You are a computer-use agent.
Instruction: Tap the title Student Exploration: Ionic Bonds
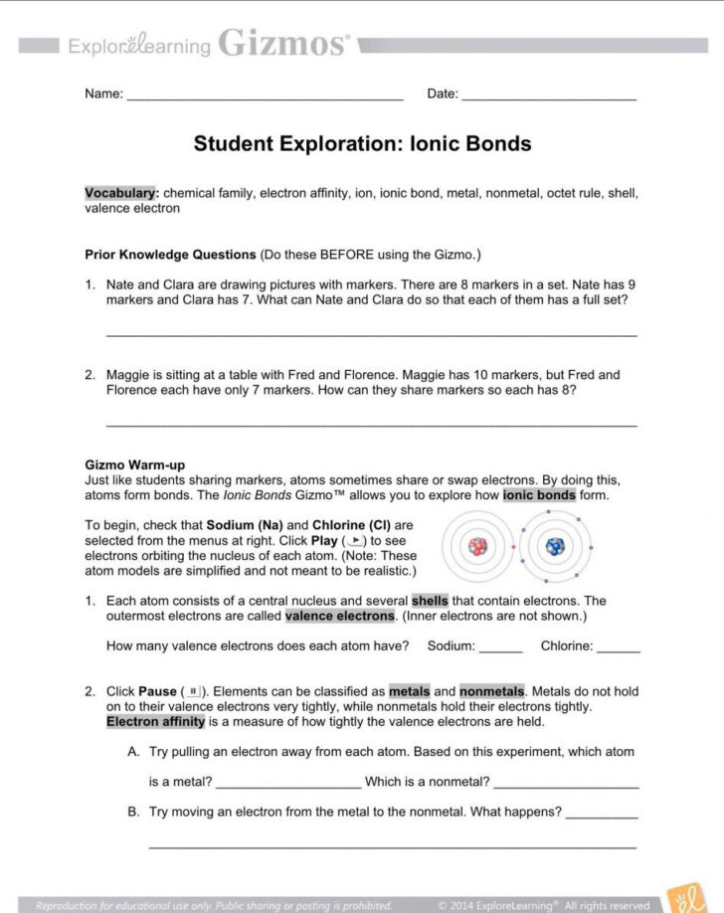(362, 143)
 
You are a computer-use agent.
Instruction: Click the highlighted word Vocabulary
(120, 193)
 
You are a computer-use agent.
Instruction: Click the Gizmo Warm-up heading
(135, 464)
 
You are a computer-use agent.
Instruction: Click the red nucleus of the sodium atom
(479, 546)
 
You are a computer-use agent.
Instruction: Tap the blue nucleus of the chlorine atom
(553, 546)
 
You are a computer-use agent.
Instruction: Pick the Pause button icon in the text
(188, 691)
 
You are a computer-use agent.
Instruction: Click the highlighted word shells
(429, 601)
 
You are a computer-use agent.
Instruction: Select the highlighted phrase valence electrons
(339, 616)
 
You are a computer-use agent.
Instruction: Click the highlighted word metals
(409, 691)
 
